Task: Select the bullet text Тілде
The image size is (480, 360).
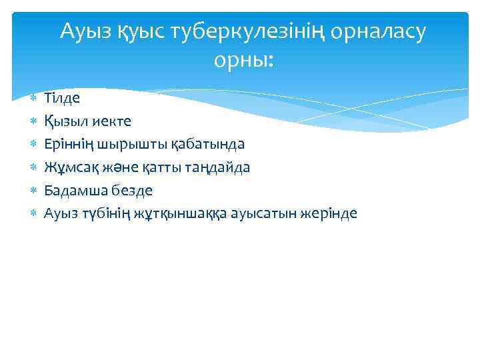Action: (x=62, y=98)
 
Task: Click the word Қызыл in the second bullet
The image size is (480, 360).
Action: (x=64, y=121)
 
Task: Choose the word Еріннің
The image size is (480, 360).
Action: (x=70, y=144)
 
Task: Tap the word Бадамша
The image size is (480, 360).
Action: (x=73, y=191)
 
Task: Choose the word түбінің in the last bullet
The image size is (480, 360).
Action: (x=100, y=213)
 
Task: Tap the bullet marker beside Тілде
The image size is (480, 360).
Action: (x=33, y=99)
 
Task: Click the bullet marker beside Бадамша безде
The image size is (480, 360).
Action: (x=33, y=191)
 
